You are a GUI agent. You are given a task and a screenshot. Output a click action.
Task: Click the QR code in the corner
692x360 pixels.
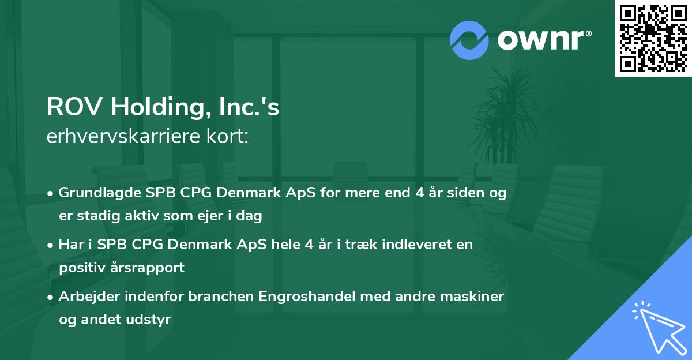653,38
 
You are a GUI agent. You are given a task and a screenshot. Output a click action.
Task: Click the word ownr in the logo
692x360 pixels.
541,40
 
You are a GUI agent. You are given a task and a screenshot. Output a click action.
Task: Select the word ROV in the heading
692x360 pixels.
74,107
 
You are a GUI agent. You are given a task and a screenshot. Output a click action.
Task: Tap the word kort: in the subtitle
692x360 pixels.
228,136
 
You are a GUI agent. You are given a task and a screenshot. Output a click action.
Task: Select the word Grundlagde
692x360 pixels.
100,193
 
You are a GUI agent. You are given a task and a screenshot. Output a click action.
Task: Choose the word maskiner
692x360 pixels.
472,297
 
